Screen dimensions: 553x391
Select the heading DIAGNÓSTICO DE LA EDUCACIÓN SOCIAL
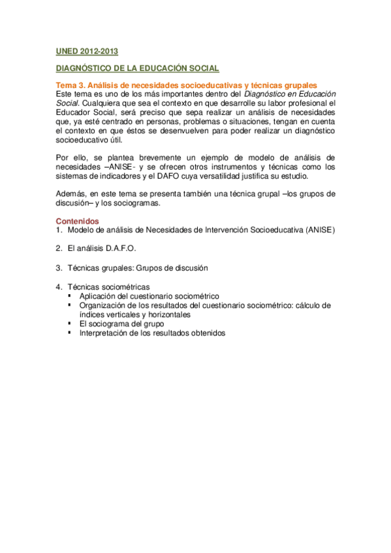pos(136,68)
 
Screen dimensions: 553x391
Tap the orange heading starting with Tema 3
pos(186,85)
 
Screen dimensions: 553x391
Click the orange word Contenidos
pos(78,221)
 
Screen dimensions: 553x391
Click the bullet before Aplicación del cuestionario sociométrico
pos(69,295)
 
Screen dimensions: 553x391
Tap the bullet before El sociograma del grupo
pos(69,323)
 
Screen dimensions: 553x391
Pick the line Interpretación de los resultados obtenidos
pos(152,333)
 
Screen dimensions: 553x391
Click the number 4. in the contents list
pos(59,286)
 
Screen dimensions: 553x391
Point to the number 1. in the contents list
pos(59,230)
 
